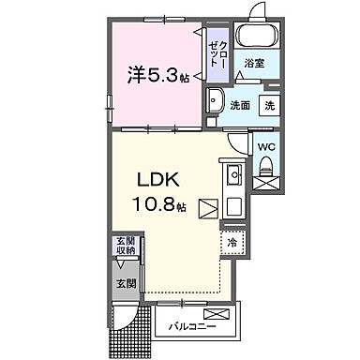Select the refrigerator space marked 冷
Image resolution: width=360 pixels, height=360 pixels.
(232, 241)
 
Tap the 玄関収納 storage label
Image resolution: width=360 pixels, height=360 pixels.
(125, 246)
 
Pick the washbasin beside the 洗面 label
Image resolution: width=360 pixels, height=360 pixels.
(216, 101)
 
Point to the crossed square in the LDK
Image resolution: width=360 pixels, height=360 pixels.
(208, 208)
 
